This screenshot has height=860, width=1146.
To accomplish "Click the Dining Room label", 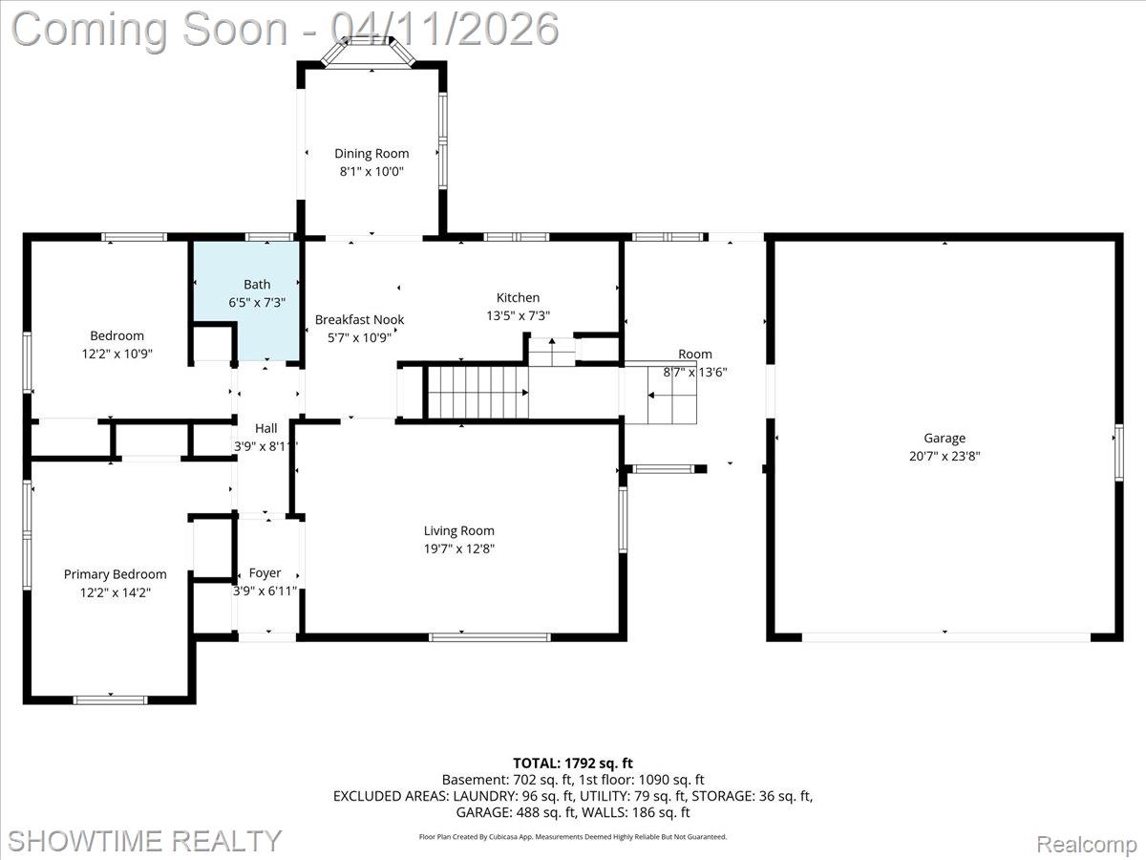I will click(x=371, y=153).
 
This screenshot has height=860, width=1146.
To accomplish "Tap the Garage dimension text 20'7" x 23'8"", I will click(x=944, y=457).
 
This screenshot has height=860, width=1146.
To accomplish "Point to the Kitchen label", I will click(x=518, y=297).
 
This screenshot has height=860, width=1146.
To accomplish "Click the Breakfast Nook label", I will click(x=359, y=319).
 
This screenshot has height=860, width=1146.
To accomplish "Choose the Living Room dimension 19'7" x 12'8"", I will click(x=459, y=548).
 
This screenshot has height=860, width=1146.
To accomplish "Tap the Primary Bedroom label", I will click(x=115, y=574).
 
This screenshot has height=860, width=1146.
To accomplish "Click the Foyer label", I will click(x=265, y=573).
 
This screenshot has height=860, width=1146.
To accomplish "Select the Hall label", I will click(x=265, y=429).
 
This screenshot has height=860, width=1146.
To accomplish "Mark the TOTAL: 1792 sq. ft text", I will click(x=573, y=763).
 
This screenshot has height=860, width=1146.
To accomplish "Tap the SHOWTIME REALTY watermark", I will click(x=144, y=840).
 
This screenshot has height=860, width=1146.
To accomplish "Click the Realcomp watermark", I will click(x=1087, y=844).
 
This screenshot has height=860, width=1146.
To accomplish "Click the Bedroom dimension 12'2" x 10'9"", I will click(x=117, y=354).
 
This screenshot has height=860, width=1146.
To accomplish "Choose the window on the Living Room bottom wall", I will click(x=490, y=635).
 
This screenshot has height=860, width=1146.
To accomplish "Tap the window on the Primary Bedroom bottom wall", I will click(x=111, y=699).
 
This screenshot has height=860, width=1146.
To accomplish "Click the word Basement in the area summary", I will click(x=472, y=780).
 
